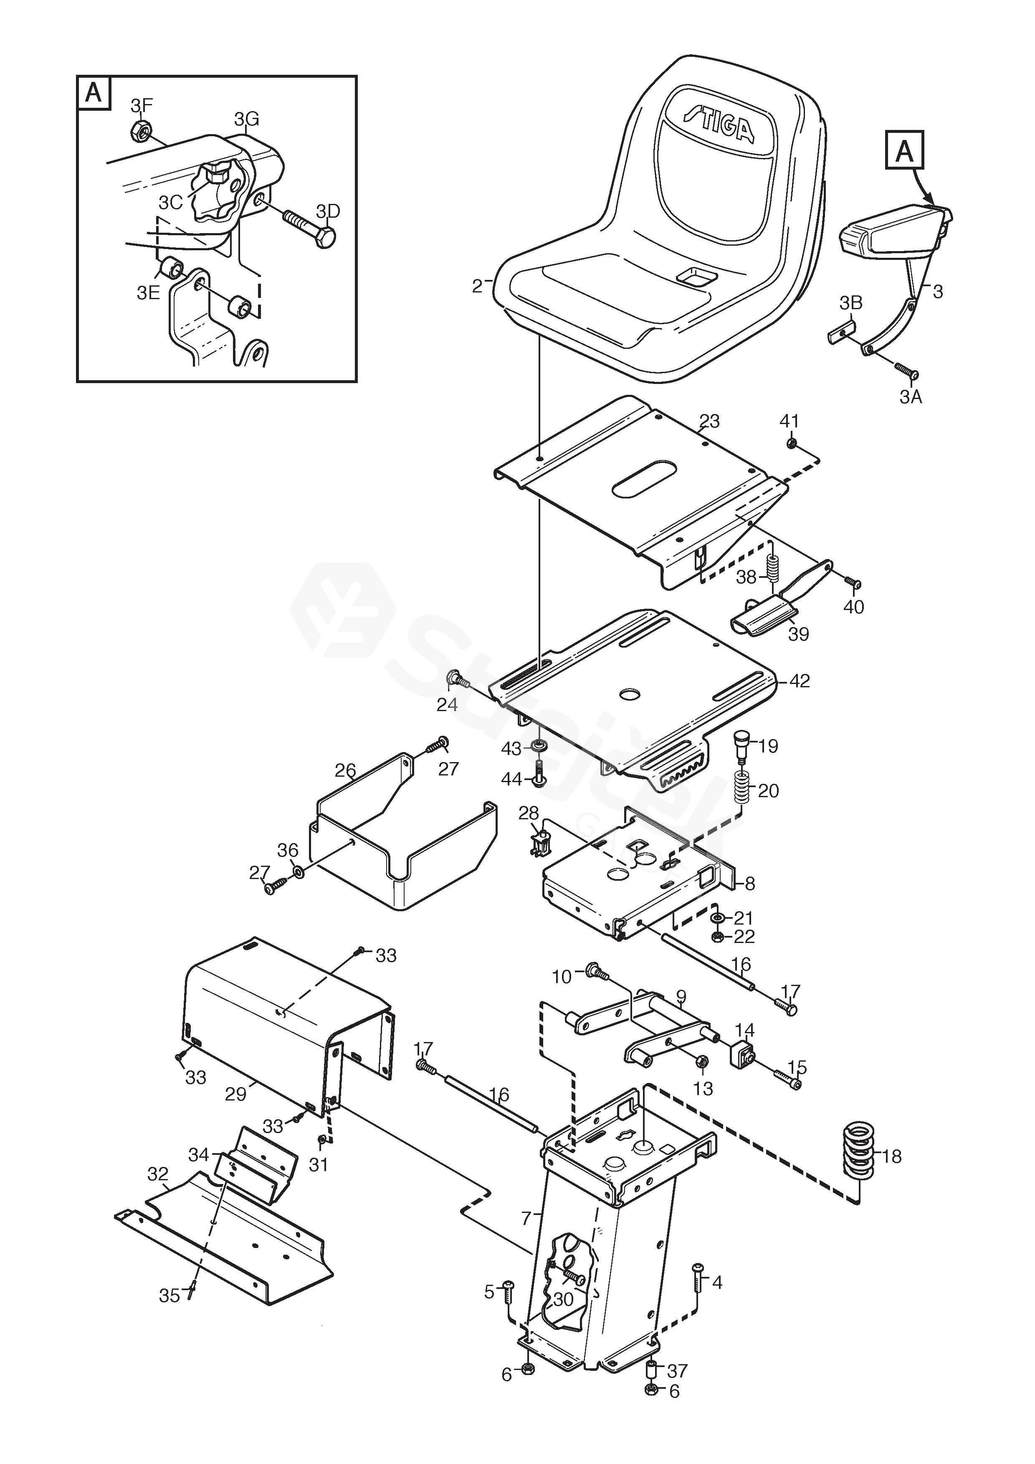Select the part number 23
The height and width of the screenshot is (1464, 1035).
click(x=709, y=422)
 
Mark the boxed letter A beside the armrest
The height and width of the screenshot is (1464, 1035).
click(x=904, y=151)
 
